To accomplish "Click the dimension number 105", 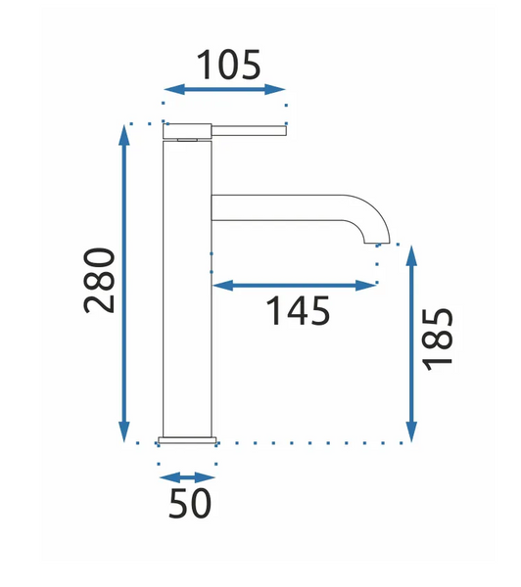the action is click(x=228, y=65).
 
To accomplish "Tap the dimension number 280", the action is click(x=99, y=280).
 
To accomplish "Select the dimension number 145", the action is click(x=298, y=310).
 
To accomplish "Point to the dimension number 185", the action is click(x=438, y=339).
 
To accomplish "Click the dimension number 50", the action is click(x=190, y=504).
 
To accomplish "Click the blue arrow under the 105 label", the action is click(x=224, y=90).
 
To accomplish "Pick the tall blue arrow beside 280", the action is click(x=124, y=284).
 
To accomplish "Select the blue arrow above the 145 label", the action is click(x=294, y=286).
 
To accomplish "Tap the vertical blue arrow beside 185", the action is click(x=411, y=343).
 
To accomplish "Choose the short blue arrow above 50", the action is click(x=187, y=477).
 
